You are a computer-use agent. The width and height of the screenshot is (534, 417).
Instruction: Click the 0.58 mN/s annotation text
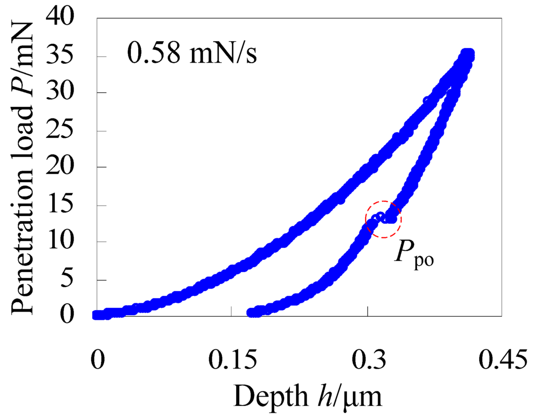pos(191,54)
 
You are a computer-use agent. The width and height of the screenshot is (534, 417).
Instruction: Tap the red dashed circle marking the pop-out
pos(383,219)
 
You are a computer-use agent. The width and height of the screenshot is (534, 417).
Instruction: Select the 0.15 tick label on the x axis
pos(231,361)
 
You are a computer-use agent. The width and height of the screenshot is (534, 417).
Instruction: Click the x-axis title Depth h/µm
pos(308,397)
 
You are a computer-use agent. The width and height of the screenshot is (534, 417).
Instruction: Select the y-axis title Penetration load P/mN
pos(24,167)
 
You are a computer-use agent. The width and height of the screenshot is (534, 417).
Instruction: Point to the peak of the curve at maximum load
pos(468,54)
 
